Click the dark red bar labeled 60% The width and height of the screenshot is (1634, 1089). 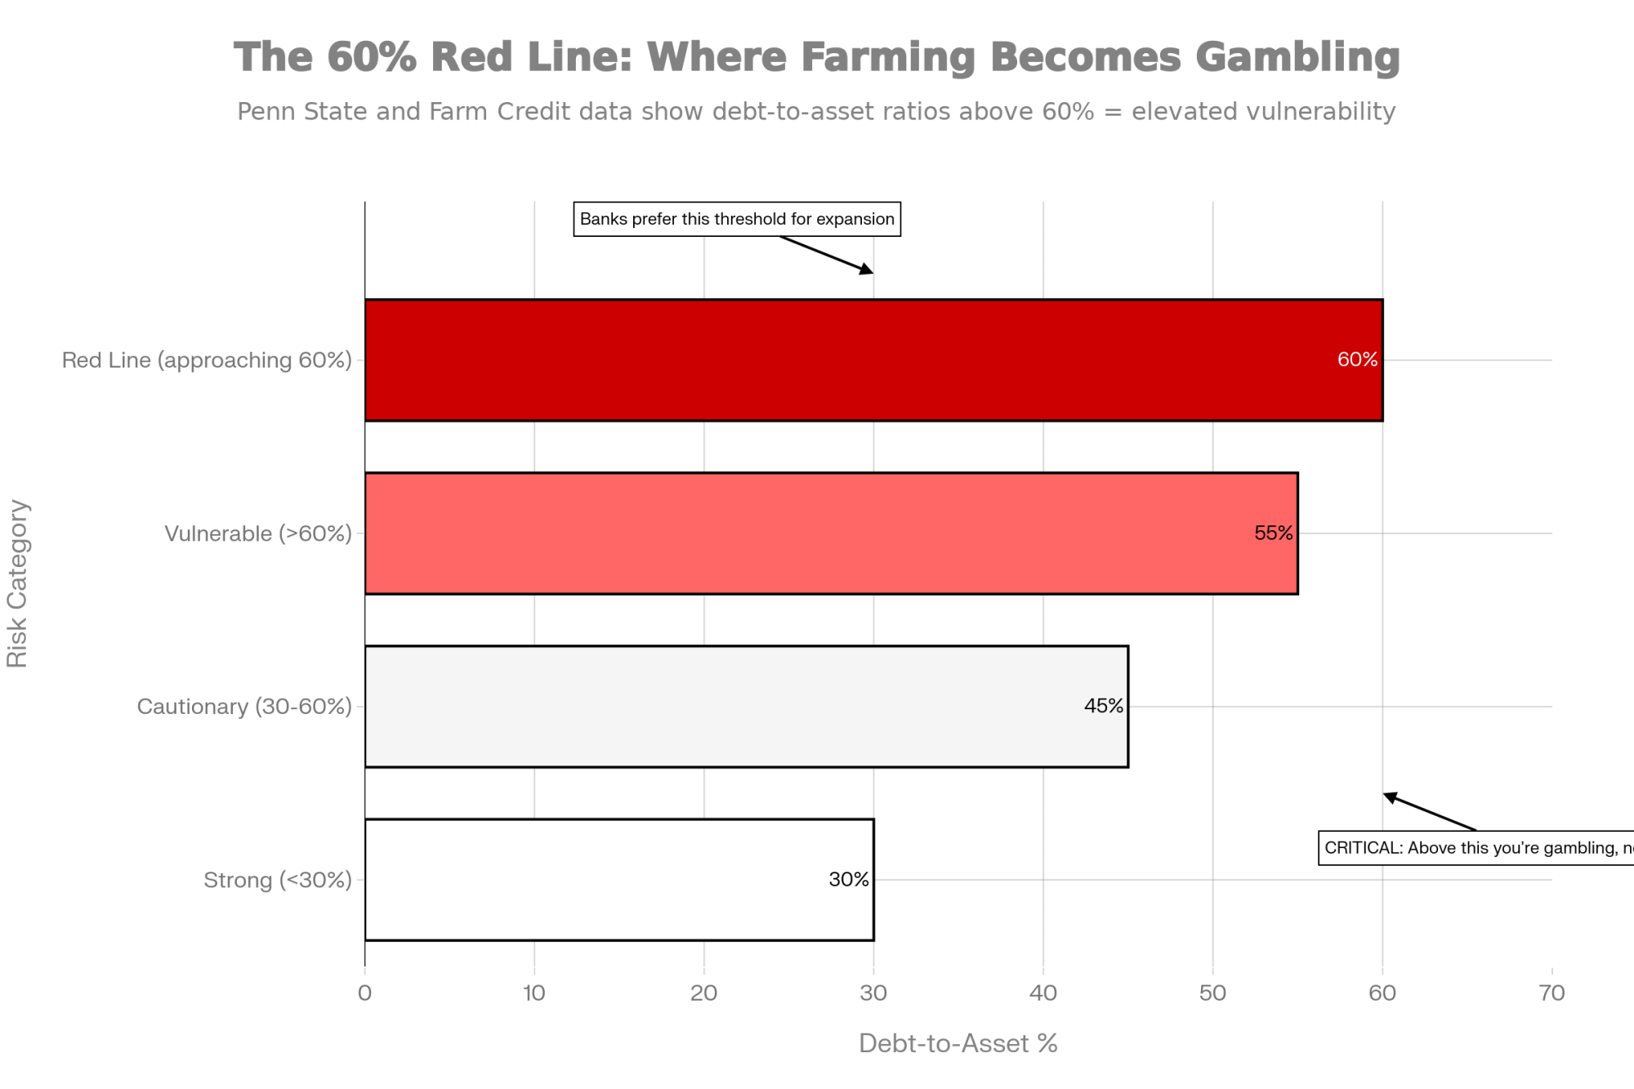point(873,360)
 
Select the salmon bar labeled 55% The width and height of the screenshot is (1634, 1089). point(830,533)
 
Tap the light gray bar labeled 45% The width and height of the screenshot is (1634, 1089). point(745,707)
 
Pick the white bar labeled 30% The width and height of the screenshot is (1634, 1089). point(618,880)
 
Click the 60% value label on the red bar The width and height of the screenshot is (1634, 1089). point(1357,360)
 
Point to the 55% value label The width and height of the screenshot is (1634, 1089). point(1273,533)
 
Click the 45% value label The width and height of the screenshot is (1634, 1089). point(1103,707)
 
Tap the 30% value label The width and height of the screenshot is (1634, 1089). point(849,880)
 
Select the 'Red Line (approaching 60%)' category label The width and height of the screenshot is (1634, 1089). point(207,360)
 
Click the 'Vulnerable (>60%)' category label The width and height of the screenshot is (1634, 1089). point(258,534)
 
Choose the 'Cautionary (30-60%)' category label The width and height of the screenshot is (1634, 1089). point(244,707)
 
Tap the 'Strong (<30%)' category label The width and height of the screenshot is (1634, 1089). point(278,881)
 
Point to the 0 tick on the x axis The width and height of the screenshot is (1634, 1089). point(365,993)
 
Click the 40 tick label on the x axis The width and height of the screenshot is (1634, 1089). point(1043,993)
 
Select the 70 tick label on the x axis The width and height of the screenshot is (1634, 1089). point(1551,993)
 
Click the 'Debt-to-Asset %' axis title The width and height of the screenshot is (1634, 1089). point(958,1044)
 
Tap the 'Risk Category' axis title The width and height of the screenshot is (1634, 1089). point(18,583)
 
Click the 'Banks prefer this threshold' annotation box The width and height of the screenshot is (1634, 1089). point(737,219)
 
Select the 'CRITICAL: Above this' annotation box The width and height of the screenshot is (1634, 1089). point(1476,848)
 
